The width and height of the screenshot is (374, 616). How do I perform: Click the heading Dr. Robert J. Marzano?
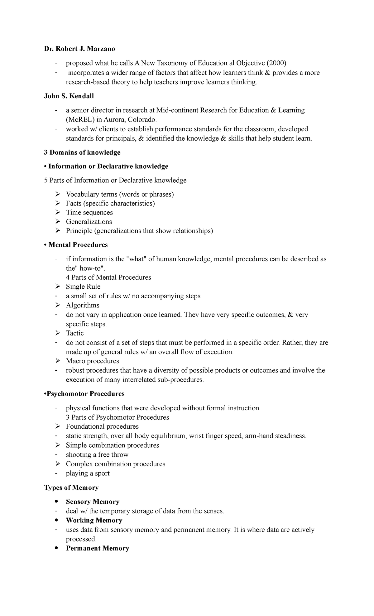[x=79, y=49]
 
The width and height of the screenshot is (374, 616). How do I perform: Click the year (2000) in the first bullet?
[x=276, y=63]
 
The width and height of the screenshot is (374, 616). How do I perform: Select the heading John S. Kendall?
[x=69, y=96]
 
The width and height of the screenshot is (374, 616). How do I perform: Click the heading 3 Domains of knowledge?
[x=82, y=152]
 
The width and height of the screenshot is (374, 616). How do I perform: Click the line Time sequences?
[x=89, y=213]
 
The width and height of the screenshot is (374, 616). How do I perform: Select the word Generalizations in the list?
[x=89, y=222]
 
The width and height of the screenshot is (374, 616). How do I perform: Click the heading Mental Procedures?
[x=78, y=245]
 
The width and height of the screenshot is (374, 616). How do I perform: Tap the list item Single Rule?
[x=83, y=286]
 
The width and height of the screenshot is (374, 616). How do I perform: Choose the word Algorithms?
[x=83, y=305]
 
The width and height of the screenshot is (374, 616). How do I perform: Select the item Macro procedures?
[x=92, y=361]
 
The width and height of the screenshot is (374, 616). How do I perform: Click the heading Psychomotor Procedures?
[x=85, y=394]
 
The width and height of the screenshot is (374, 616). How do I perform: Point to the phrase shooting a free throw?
[x=97, y=455]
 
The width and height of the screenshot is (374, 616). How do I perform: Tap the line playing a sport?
[x=88, y=473]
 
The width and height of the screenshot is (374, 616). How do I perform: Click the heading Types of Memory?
[x=71, y=488]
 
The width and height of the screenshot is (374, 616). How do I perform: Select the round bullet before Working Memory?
[x=56, y=520]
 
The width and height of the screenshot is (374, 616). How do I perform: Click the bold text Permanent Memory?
[x=97, y=548]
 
